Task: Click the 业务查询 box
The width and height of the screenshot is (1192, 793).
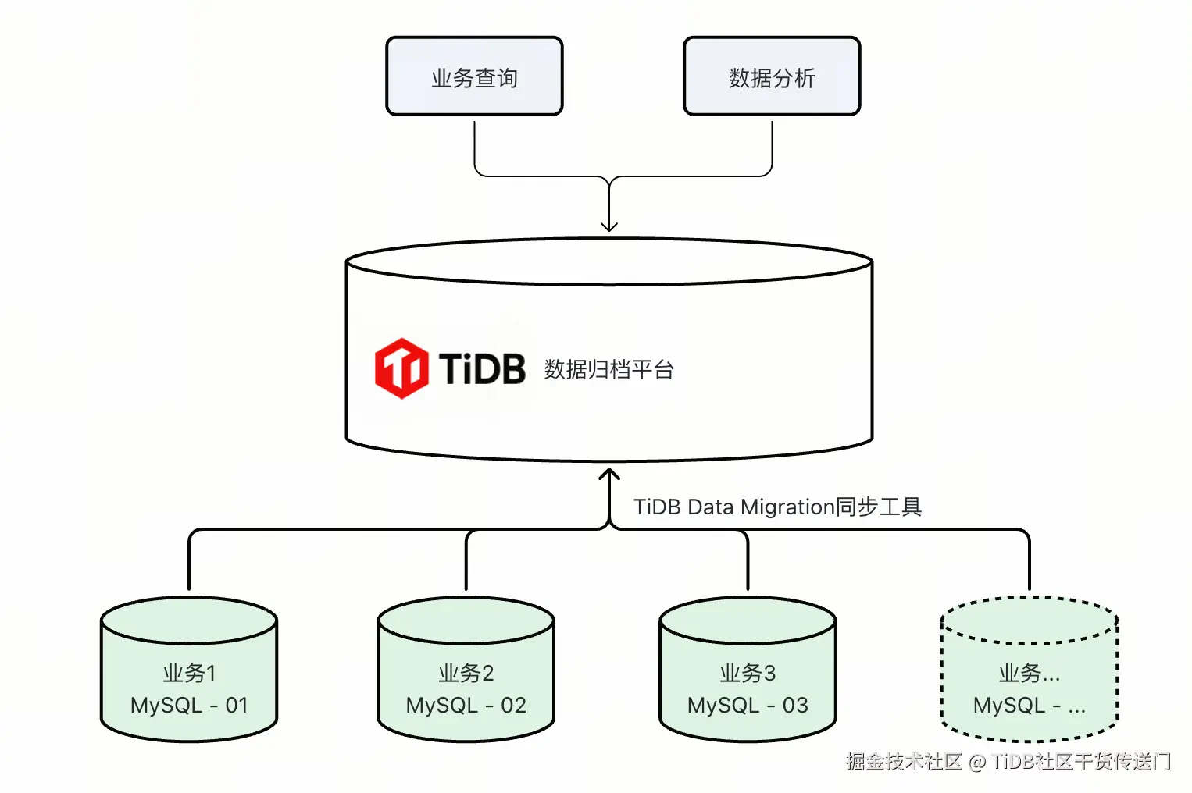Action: tap(474, 76)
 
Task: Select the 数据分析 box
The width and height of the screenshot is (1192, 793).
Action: tap(771, 76)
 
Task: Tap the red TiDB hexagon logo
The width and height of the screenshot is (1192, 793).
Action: tap(401, 368)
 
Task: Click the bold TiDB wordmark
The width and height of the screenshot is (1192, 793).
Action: tap(482, 368)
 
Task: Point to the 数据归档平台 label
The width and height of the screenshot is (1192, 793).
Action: tap(608, 369)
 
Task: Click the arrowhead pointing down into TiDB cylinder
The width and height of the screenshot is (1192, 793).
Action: tap(609, 226)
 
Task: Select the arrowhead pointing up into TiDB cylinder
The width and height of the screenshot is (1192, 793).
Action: tap(609, 475)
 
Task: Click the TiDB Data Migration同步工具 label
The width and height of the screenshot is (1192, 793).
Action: tap(777, 507)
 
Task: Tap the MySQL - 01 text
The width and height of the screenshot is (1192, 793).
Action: tap(189, 706)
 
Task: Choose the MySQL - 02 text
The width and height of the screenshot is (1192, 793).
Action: tap(466, 706)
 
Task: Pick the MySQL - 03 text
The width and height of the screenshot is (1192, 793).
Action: tap(748, 706)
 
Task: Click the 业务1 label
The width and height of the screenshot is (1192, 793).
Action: tap(189, 673)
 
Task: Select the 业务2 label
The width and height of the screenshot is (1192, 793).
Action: tap(466, 673)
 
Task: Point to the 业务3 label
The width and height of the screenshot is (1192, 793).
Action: tap(748, 673)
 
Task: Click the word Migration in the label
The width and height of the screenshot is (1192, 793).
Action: tap(787, 507)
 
